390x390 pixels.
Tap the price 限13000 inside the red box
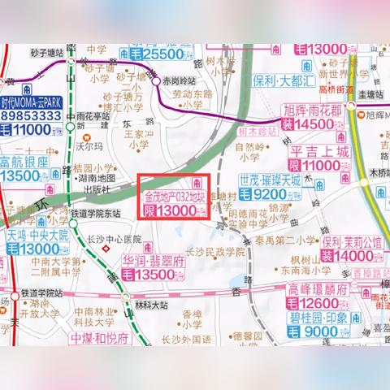coord(171,210)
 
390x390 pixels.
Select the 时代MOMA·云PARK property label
coord(32,103)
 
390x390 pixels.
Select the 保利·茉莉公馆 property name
coord(351,242)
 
